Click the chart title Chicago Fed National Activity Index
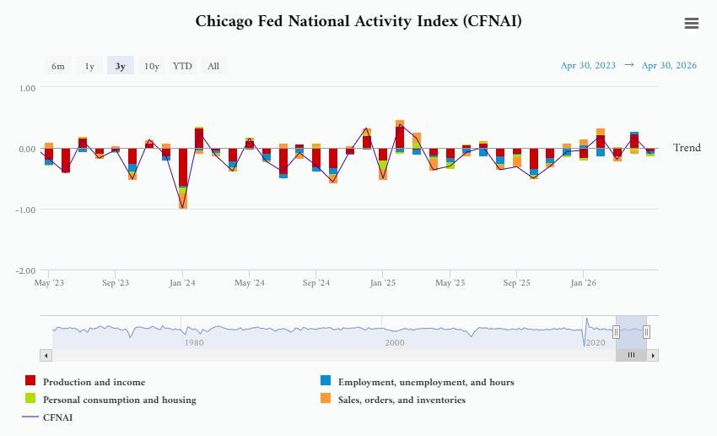click(358, 21)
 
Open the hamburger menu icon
click(692, 23)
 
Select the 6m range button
click(58, 66)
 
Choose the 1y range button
click(89, 66)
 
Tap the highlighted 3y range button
click(121, 66)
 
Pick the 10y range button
click(151, 66)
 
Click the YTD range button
click(182, 66)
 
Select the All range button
click(213, 66)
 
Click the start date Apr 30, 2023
click(588, 66)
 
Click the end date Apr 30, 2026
click(669, 66)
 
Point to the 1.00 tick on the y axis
click(28, 88)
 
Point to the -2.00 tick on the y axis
click(25, 270)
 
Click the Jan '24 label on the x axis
click(182, 282)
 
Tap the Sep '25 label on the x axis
click(516, 282)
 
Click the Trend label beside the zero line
click(687, 148)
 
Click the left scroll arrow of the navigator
click(46, 356)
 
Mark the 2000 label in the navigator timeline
click(395, 342)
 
